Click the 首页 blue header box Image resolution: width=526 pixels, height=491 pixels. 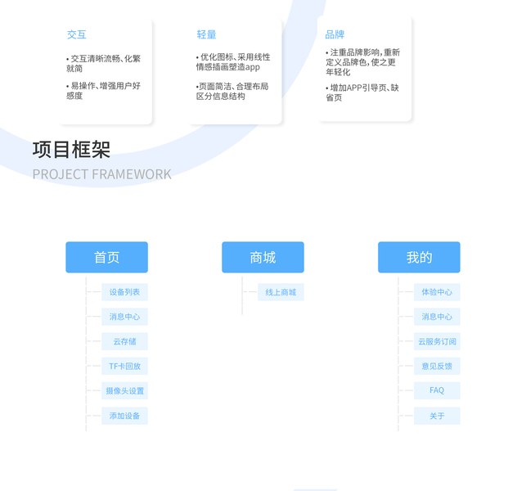(106, 257)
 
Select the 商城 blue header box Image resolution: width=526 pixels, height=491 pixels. (263, 257)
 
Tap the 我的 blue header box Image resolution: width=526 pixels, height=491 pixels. (419, 257)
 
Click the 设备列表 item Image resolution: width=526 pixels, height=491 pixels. (124, 292)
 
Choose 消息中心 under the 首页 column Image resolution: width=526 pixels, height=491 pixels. (124, 317)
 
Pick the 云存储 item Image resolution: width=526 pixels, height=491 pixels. (124, 341)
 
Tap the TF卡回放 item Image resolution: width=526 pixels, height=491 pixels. (124, 366)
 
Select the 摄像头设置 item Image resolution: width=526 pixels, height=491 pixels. (124, 391)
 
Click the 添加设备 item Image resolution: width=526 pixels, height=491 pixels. (124, 416)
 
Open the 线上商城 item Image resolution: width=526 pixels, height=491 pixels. (281, 292)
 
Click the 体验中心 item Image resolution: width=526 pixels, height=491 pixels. (437, 292)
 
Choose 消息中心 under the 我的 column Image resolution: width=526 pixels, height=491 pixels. (437, 317)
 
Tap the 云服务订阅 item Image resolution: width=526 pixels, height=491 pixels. (437, 341)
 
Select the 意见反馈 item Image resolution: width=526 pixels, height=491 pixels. (437, 366)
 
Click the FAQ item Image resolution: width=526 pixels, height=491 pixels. (437, 390)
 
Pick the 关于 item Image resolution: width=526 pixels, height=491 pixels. (437, 416)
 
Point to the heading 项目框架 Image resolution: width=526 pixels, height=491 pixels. (71, 150)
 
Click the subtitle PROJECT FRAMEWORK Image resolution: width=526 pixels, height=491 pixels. (101, 174)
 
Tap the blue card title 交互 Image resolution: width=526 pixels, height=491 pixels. (76, 34)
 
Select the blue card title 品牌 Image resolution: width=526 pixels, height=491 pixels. (335, 34)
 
